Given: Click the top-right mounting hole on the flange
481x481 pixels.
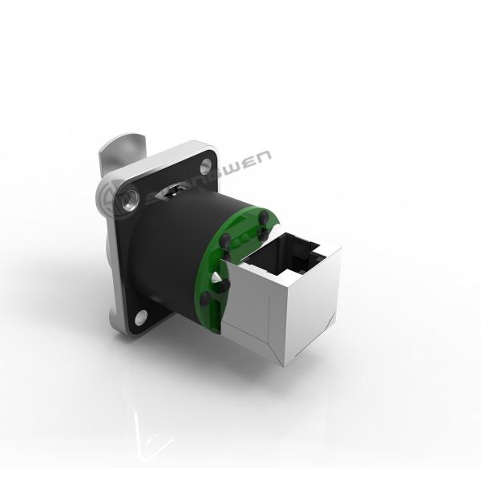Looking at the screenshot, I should (206, 166).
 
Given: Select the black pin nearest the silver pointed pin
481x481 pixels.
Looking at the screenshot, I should (227, 284).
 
